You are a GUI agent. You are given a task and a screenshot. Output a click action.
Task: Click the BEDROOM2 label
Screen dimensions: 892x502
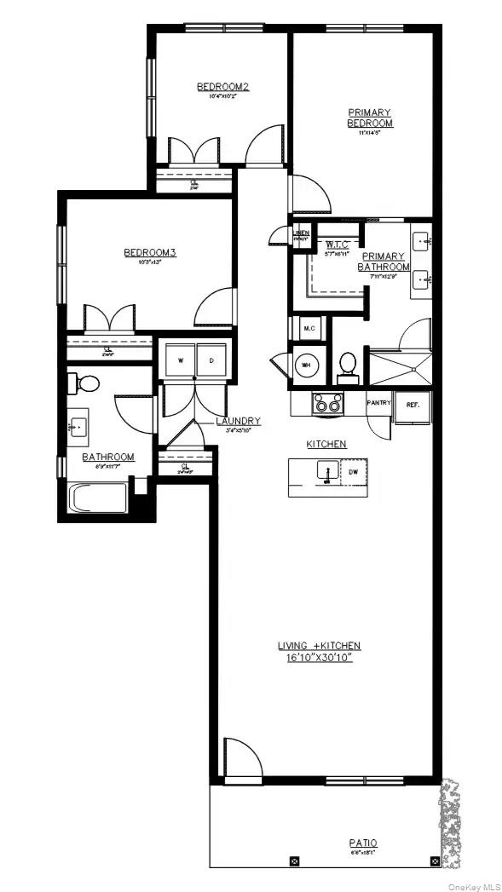222,87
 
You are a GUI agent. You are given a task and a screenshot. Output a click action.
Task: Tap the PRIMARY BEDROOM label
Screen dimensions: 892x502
369,118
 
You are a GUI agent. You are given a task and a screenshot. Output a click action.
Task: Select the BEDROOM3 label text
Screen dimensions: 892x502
150,252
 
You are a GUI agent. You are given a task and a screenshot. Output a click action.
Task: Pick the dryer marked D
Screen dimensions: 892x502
212,360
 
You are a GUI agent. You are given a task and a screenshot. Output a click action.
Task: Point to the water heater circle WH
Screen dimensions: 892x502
306,365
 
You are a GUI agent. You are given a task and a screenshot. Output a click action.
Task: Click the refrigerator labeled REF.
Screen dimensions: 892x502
413,406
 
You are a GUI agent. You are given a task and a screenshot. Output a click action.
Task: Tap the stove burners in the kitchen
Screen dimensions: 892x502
328,403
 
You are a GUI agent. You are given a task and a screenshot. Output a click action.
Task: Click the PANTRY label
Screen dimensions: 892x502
378,402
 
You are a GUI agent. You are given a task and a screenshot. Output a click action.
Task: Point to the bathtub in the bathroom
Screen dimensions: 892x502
99,498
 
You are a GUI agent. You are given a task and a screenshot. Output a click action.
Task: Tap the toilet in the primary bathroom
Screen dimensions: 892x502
347,364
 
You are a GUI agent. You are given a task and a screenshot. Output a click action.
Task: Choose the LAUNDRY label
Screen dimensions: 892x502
238,421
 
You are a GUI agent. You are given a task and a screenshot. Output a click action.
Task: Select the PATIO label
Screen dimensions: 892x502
362,843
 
